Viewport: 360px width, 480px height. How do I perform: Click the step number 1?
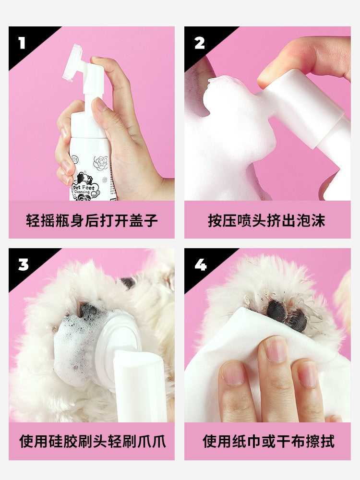22,43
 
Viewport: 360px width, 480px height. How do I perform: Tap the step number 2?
199,43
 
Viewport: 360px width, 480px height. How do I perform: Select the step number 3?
23,264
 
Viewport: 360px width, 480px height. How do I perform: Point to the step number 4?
200,264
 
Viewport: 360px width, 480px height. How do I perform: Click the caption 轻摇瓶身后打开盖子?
92,220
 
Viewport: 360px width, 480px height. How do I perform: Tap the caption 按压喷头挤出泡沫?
266,220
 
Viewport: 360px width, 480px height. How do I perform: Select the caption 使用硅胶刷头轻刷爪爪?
93,441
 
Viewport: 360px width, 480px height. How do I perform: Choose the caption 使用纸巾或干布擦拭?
268,441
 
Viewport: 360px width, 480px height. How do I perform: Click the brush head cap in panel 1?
73,63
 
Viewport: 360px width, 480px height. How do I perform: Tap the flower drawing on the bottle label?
101,163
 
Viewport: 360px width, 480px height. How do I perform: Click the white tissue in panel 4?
245,352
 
